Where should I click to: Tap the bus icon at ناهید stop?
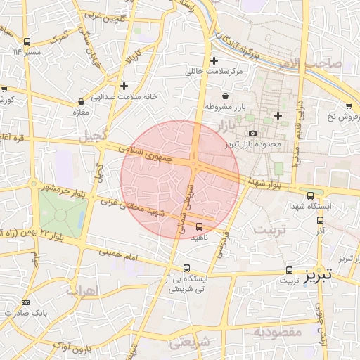(199, 226)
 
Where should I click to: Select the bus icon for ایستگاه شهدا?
(311, 195)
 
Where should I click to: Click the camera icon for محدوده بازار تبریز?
(253, 133)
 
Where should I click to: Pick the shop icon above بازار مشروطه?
(224, 96)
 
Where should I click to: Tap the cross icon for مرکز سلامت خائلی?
(214, 60)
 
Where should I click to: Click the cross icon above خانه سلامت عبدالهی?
(124, 86)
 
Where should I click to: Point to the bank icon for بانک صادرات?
(26, 302)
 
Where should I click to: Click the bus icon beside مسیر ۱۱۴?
(27, 41)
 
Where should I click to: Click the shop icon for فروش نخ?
(349, 105)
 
